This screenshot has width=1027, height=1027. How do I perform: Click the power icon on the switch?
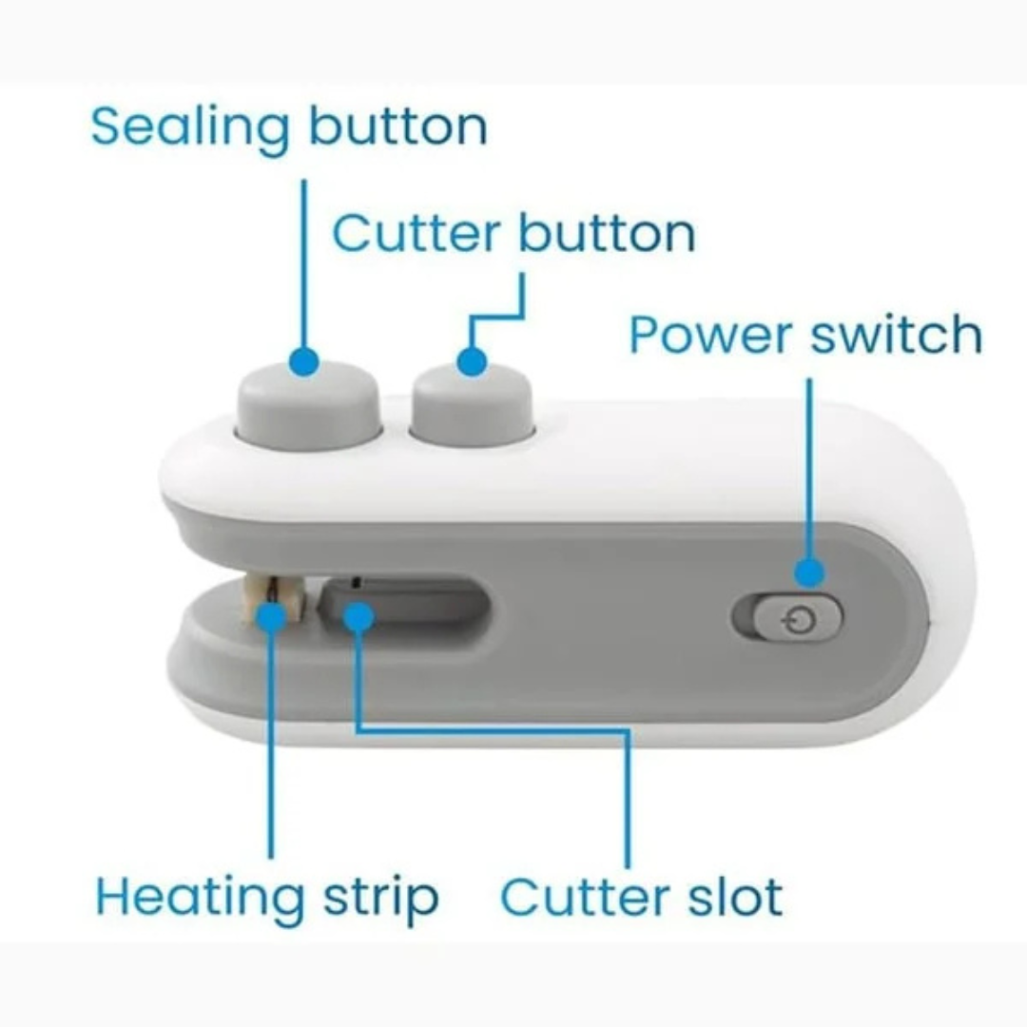click(x=800, y=618)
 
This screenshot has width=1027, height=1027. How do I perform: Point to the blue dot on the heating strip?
click(x=270, y=617)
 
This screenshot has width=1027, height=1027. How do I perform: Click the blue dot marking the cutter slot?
click(x=358, y=617)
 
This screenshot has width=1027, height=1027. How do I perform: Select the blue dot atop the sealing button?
click(x=303, y=361)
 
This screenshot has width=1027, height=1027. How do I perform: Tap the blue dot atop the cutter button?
click(x=472, y=361)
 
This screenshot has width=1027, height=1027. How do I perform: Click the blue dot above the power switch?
click(x=809, y=573)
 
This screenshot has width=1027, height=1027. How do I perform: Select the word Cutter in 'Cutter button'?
click(x=417, y=233)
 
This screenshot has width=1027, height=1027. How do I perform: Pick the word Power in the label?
click(x=711, y=335)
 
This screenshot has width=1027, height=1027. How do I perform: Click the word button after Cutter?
click(x=607, y=232)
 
